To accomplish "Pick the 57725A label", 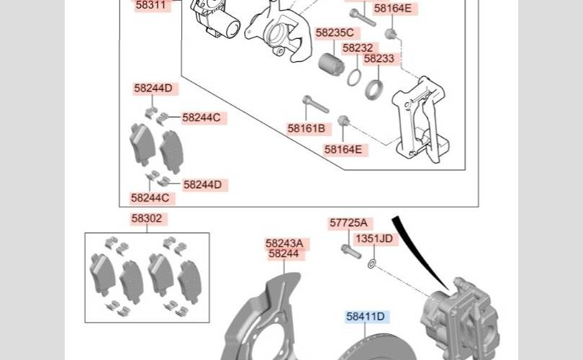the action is pos(349,223).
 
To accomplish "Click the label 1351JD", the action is pos(375,239).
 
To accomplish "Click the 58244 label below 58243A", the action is pos(284,254).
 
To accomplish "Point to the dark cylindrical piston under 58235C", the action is pos(331,64).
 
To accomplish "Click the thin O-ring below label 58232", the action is pos(354,77).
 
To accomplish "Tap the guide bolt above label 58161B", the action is pos(315,104).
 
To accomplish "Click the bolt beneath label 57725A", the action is pos(351,251).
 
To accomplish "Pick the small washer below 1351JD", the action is pos(371,264).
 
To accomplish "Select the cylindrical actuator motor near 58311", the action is pos(216,19).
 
